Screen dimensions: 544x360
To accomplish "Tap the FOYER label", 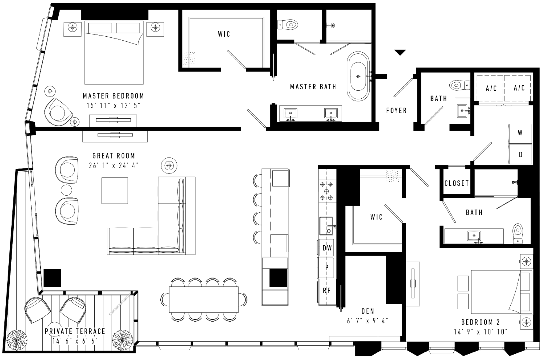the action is [396, 111].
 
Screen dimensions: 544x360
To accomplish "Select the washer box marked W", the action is [520, 134].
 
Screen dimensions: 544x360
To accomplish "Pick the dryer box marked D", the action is [520, 154].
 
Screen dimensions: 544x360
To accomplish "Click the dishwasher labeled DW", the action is [327, 248].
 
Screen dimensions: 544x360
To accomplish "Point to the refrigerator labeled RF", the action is [327, 291].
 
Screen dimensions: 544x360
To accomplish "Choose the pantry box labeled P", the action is [327, 267].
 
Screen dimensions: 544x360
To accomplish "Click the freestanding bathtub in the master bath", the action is [358, 76].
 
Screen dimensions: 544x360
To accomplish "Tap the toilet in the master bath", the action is [288, 25].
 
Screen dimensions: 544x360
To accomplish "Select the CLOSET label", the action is [457, 183].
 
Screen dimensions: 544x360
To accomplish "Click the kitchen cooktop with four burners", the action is [326, 191].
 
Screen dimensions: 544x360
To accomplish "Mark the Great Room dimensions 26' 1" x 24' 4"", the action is [114, 165].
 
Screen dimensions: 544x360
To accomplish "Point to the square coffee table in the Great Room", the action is [115, 191].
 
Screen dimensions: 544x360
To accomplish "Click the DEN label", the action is [368, 311].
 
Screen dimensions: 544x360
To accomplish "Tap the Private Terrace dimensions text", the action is [75, 341].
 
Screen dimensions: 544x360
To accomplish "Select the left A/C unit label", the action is [491, 88].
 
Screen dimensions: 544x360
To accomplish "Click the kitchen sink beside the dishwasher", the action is [326, 226].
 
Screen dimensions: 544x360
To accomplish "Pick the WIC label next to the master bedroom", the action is [224, 34].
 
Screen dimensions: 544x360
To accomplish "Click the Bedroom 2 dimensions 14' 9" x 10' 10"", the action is [481, 332].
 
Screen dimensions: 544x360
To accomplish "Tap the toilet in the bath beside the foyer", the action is [459, 85].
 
